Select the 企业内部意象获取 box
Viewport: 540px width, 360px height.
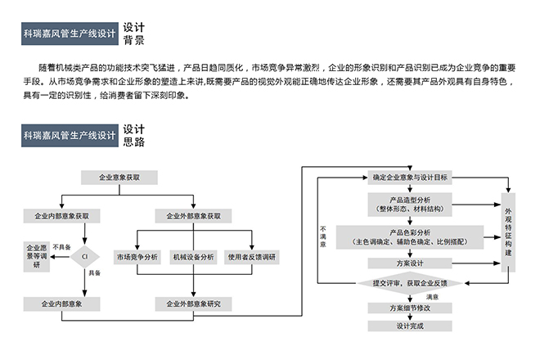pos(62,216)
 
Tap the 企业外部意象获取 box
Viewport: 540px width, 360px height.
pos(194,216)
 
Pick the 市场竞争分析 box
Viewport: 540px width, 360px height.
pos(137,257)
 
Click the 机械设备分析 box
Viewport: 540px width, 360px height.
pos(193,257)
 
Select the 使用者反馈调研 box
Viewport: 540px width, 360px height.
pos(251,257)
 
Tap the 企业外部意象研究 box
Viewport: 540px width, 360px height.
pos(194,304)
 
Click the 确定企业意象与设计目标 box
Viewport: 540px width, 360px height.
pos(409,177)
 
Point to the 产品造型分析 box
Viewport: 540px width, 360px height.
pos(410,203)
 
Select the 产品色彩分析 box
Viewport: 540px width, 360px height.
pos(410,237)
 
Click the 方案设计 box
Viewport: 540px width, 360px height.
pos(410,263)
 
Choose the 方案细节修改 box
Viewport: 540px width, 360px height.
pos(410,308)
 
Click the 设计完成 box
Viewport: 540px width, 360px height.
pos(410,326)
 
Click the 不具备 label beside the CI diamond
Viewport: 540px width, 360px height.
pos(61,246)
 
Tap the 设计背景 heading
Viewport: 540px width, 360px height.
pos(134,33)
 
